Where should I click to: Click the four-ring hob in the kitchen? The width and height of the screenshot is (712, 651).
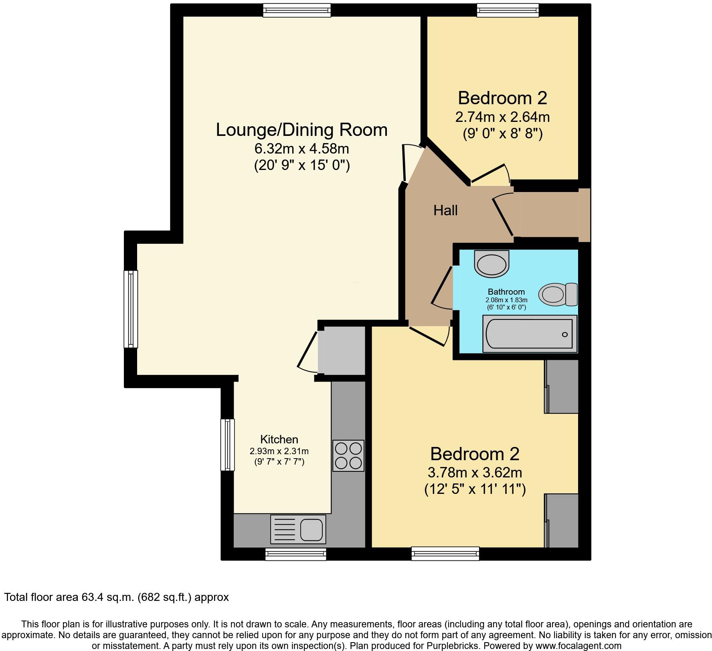coord(348,456)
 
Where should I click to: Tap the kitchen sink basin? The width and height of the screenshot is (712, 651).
coord(311,530)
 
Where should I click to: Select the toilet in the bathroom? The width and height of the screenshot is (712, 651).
coord(558,295)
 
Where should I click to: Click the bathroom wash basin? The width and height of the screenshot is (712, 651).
coord(492,264)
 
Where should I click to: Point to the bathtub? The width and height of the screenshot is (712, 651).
coord(529,334)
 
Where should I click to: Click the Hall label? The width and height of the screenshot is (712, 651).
coord(445,210)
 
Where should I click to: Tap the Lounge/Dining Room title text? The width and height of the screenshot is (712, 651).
coord(301,130)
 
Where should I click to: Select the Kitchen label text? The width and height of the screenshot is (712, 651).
coord(279,439)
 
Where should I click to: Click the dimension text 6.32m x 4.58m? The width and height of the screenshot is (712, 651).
coord(301,149)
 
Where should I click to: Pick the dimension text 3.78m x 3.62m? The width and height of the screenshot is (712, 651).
coord(475,473)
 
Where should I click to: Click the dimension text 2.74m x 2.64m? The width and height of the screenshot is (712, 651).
coord(502,117)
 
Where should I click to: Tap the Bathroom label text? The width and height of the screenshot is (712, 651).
coord(506,292)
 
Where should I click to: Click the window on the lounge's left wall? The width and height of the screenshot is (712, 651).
coord(131,309)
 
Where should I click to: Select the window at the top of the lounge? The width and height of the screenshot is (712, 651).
coord(297,10)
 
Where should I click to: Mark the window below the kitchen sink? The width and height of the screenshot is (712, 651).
coord(295,554)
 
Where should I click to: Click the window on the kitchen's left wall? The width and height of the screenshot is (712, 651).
coord(227,445)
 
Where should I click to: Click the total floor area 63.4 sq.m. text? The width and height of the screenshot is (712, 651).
coord(116,597)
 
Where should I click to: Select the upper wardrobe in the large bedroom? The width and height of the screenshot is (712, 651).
coord(562,386)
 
